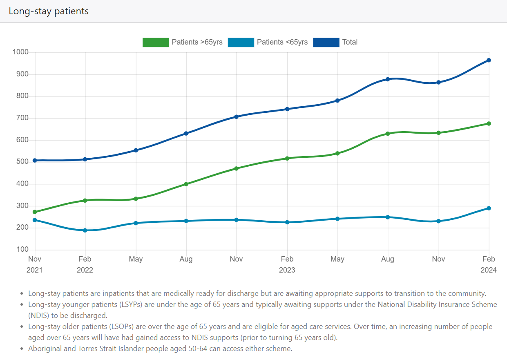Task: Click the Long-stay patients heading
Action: pos(49,11)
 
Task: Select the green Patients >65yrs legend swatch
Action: pos(155,42)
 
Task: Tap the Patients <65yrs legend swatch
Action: pos(241,42)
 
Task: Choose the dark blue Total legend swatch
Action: pos(326,42)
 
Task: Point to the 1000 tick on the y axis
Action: pos(20,52)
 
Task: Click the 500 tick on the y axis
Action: pos(22,162)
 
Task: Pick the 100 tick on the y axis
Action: pos(22,250)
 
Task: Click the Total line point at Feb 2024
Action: pos(489,60)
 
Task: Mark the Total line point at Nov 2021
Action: pos(35,160)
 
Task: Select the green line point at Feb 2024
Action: pos(489,123)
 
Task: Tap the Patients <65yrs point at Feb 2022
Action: pos(85,230)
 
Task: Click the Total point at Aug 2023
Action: pos(388,79)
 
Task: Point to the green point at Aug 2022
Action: pos(186,184)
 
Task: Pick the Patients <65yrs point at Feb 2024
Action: pos(489,208)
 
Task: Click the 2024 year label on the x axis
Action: pos(489,270)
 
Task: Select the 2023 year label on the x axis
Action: pos(287,270)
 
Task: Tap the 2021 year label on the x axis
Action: pos(35,270)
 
